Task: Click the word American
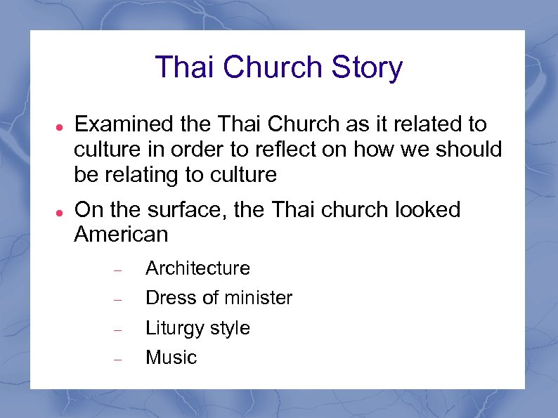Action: pos(121,235)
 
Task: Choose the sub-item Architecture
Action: pos(197,268)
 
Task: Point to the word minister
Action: pos(257,298)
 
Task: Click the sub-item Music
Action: pos(171,358)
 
